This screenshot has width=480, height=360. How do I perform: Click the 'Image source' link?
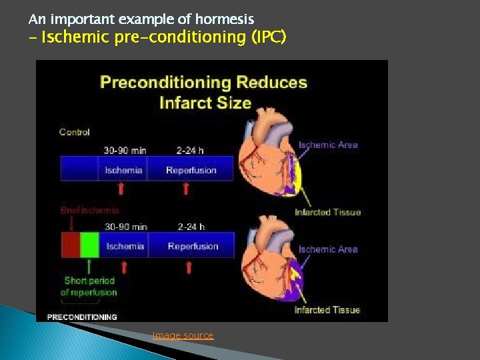click(183, 335)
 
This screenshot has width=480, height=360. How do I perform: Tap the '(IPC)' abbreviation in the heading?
click(269, 37)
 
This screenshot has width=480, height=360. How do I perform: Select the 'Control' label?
click(75, 132)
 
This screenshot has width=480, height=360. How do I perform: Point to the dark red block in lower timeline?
click(70, 245)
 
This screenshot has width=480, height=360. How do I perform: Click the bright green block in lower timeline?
click(89, 245)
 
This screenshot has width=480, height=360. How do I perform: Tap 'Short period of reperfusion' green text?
click(89, 287)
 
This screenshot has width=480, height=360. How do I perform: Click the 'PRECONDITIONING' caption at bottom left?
click(82, 317)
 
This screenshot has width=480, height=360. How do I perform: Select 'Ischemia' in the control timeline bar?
click(123, 170)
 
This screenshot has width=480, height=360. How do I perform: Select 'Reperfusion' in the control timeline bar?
click(191, 170)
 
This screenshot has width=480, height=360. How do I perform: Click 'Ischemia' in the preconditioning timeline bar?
click(125, 246)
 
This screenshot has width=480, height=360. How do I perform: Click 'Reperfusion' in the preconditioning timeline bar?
click(193, 246)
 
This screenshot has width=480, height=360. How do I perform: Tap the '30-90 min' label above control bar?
click(125, 151)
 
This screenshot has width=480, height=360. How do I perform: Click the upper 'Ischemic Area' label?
click(328, 145)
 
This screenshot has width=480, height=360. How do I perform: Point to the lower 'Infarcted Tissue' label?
click(327, 310)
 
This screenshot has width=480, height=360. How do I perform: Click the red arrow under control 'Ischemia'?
click(121, 189)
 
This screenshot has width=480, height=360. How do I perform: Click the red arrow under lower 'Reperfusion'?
click(189, 267)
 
